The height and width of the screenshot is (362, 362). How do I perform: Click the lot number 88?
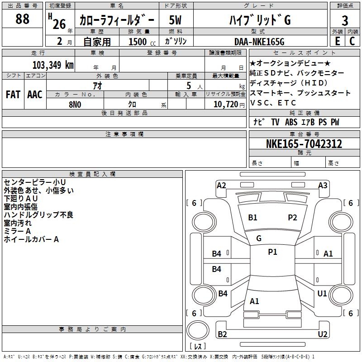[x=22, y=19]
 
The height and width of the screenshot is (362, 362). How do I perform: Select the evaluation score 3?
[x=345, y=20]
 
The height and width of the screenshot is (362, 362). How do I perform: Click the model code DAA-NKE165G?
[x=259, y=42]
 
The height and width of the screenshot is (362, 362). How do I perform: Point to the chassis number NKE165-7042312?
[x=304, y=144]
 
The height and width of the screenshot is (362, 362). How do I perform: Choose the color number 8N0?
[x=75, y=104]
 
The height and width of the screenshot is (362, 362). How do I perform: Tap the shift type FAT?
[x=13, y=94]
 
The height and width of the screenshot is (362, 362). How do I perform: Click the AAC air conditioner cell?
[x=35, y=94]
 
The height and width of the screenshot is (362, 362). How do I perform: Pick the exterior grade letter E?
[x=337, y=41]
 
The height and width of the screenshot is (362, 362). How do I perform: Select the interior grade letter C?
[x=352, y=41]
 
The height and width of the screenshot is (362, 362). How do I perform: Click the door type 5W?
[x=176, y=20]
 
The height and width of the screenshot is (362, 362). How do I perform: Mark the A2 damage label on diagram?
[x=221, y=185]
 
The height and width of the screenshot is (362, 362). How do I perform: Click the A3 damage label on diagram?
[x=323, y=185]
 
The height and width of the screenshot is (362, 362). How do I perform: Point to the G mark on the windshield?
[x=259, y=238]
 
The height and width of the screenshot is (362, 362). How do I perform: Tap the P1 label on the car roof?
[x=272, y=252]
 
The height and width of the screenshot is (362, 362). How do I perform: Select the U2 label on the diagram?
[x=323, y=334]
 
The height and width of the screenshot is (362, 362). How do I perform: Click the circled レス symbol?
[x=197, y=347]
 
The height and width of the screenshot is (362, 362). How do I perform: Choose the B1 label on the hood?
[x=252, y=218]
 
